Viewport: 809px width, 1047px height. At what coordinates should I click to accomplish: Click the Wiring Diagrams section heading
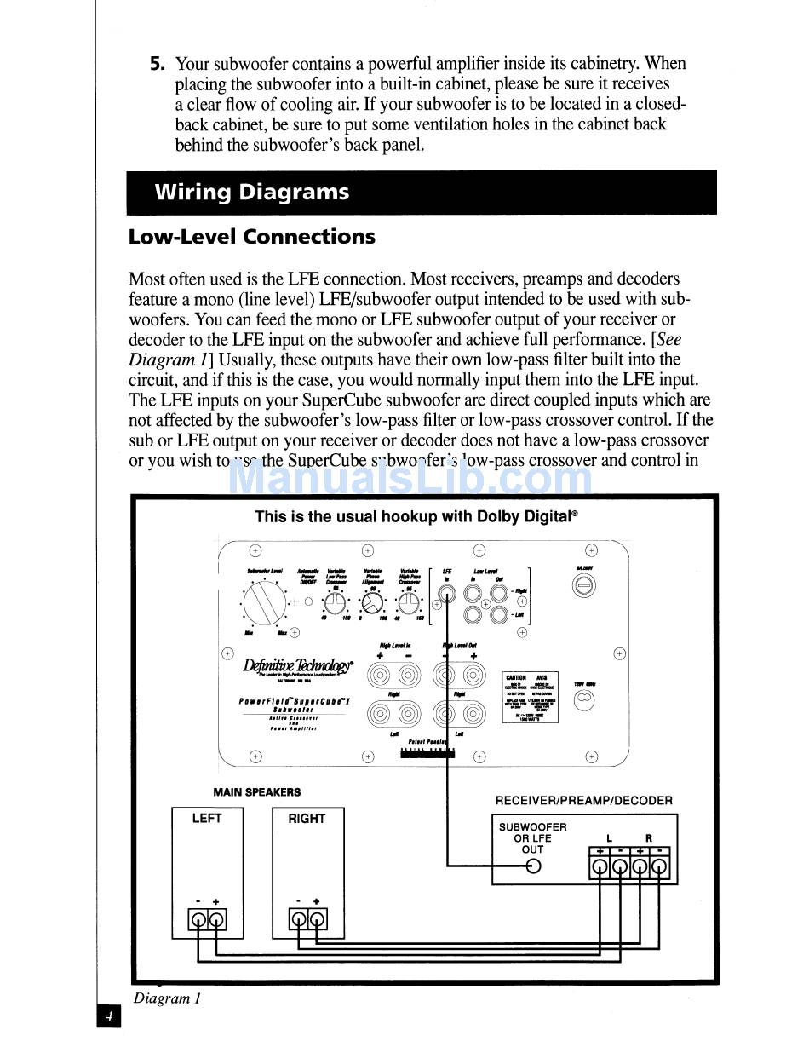point(251,193)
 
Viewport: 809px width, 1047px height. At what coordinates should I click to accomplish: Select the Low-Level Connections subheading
point(251,237)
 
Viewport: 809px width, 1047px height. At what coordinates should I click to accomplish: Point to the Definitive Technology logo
point(298,664)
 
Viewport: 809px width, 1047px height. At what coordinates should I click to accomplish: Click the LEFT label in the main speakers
point(207,819)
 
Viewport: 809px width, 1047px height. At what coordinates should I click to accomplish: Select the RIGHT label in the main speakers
point(307,819)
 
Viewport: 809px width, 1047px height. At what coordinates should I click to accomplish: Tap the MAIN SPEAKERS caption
point(256,792)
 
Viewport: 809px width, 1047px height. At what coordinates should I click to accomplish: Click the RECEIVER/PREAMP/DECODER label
point(583,801)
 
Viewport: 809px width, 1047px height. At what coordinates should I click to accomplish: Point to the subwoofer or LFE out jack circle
point(533,866)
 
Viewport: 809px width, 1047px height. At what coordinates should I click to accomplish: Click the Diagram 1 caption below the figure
point(167,998)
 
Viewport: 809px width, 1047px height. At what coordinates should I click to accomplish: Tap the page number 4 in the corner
point(109,1016)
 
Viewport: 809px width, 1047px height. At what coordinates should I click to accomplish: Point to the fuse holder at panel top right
point(584,585)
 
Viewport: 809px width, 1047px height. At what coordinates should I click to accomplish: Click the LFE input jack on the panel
point(446,594)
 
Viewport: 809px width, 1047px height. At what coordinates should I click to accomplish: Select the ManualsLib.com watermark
point(410,479)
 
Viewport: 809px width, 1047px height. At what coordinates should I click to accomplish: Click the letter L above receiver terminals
point(609,838)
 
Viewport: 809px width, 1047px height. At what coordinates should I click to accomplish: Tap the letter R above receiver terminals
point(649,838)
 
